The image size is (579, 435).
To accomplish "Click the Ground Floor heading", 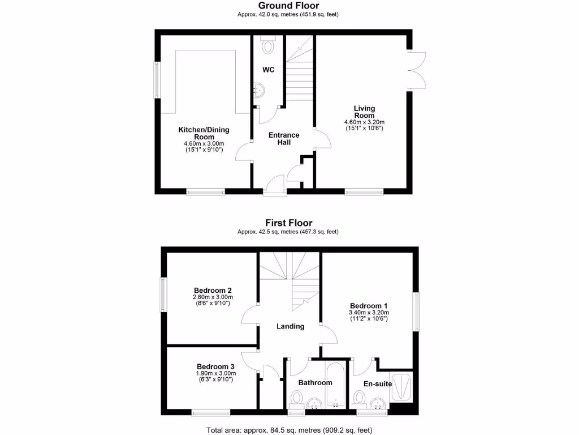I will coord(288,6).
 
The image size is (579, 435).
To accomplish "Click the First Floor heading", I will coord(288,223).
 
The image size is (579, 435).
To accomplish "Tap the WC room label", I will coord(268,70).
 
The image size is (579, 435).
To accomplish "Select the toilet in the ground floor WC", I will coord(268,44).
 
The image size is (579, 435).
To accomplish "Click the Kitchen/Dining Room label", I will coord(204,133).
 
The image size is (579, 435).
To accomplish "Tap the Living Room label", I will coord(364,112).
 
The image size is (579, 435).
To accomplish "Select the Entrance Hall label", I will coord(284,138).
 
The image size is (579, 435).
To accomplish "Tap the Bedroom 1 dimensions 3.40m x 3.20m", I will coord(369,312).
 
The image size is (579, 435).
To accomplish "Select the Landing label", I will coord(290,326).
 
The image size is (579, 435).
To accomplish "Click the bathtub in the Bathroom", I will coord(336,385).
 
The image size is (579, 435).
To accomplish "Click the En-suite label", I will coord(378,384).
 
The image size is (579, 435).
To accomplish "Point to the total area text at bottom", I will coord(289,429).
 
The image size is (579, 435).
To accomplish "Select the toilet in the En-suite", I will coord(359,399).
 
